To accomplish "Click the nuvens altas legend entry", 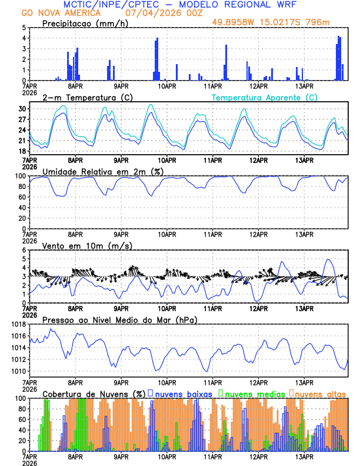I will (x=318, y=393).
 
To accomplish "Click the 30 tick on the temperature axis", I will (x=22, y=109).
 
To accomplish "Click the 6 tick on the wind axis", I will (x=24, y=250).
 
